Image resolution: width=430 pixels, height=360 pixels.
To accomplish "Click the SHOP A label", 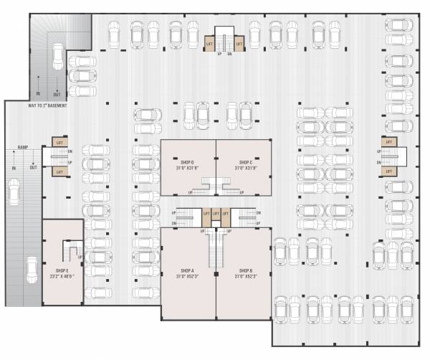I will click(188, 270).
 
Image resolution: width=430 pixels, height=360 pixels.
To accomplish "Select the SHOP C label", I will click(244, 163).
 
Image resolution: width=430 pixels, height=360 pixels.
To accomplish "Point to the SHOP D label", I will click(188, 163).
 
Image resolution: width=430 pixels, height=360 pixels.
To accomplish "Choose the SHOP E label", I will click(57, 270).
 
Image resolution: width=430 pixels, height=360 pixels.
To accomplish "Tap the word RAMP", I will click(23, 148).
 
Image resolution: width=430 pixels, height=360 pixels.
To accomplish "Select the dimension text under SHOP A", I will click(188, 277).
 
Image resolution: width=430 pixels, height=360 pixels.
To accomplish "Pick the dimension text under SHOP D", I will click(188, 169).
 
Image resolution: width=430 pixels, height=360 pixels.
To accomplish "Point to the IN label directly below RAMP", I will click(13, 167).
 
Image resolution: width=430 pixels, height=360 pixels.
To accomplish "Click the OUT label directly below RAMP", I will click(33, 167).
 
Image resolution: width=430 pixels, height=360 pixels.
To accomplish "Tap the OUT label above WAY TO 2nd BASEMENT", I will click(57, 93).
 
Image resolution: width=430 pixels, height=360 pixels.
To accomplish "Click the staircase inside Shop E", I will click(70, 252).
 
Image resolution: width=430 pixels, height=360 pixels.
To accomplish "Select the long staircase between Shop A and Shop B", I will click(216, 247).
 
